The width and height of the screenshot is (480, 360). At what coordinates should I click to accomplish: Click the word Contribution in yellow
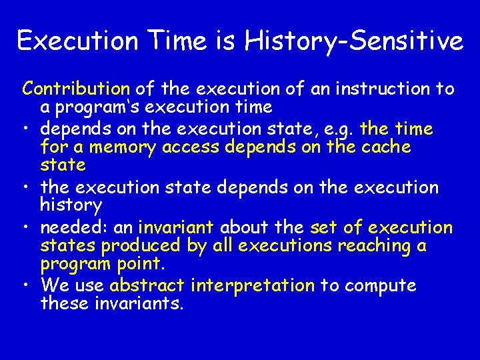pyautogui.click(x=76, y=89)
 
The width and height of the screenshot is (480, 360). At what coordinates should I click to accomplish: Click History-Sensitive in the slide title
pyautogui.click(x=353, y=41)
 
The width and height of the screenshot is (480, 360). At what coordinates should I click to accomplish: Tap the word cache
pyautogui.click(x=384, y=147)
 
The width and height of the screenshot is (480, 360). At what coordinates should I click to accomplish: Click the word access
pyautogui.click(x=197, y=147)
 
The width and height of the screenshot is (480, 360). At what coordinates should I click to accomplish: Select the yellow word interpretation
pyautogui.click(x=252, y=286)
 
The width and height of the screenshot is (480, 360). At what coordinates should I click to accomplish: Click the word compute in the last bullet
pyautogui.click(x=381, y=286)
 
